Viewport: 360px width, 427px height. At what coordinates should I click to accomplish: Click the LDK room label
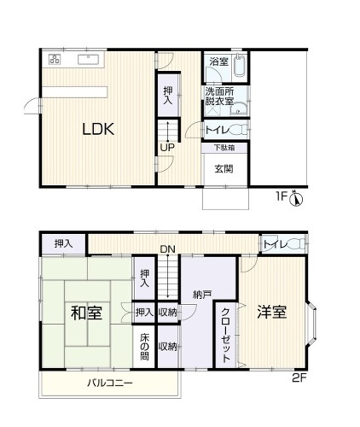tap(98, 129)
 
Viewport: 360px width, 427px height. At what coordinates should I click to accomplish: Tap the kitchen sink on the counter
tap(89, 59)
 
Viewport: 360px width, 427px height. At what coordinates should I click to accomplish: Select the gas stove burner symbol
tap(55, 59)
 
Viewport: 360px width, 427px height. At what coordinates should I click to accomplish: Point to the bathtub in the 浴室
tap(240, 66)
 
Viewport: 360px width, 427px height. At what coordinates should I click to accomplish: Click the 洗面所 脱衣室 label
tap(219, 97)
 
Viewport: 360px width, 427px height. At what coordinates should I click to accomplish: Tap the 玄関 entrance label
tap(224, 169)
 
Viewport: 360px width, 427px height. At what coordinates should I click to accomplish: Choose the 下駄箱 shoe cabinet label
tap(224, 148)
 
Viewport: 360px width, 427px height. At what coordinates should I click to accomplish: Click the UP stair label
tap(167, 148)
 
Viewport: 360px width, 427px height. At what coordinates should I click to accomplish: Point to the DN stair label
tap(168, 249)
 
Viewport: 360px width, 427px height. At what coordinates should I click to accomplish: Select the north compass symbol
tap(296, 198)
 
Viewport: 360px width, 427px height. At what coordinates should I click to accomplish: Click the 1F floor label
tap(282, 196)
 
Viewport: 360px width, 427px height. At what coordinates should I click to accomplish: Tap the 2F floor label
tap(299, 378)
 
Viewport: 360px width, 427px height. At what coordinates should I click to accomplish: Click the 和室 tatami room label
tap(86, 313)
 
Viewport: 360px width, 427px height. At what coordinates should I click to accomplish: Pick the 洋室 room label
tap(271, 312)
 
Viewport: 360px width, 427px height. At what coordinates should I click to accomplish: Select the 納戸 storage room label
tap(201, 295)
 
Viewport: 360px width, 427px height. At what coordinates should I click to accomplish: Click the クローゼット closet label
tap(226, 335)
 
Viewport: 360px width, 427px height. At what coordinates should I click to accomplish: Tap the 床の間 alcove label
tap(145, 347)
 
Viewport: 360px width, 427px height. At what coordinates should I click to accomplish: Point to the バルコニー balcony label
tap(110, 383)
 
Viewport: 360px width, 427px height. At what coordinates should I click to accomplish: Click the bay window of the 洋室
tap(311, 323)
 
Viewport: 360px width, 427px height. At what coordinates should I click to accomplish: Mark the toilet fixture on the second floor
tap(296, 243)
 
